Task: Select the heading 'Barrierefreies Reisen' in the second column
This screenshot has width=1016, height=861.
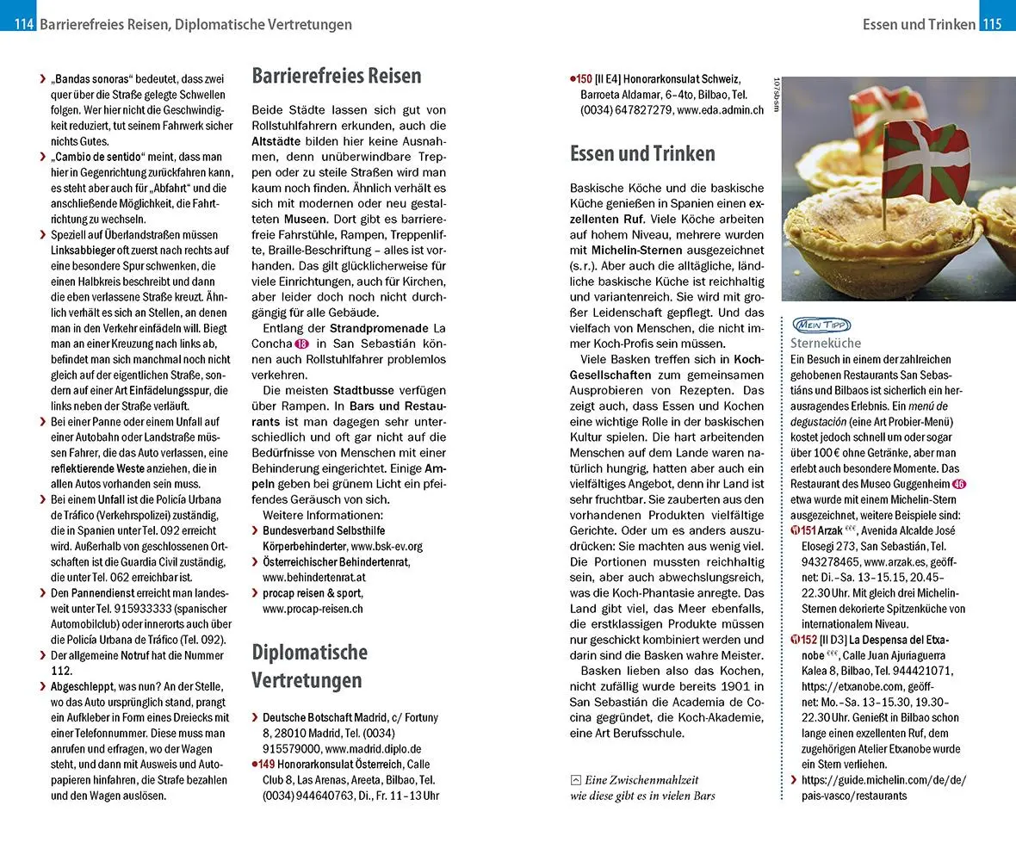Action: click(x=337, y=76)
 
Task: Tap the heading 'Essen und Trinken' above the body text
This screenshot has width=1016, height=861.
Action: click(x=642, y=154)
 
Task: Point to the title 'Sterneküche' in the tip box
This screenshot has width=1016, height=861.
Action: click(x=826, y=343)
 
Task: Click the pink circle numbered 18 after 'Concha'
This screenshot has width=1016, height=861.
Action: click(x=301, y=343)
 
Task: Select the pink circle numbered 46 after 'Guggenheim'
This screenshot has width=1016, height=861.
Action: click(x=960, y=484)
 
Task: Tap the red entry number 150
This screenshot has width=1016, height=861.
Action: click(x=584, y=78)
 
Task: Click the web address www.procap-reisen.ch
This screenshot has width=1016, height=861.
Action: click(x=313, y=609)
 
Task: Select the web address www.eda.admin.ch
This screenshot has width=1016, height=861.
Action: click(x=721, y=110)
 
